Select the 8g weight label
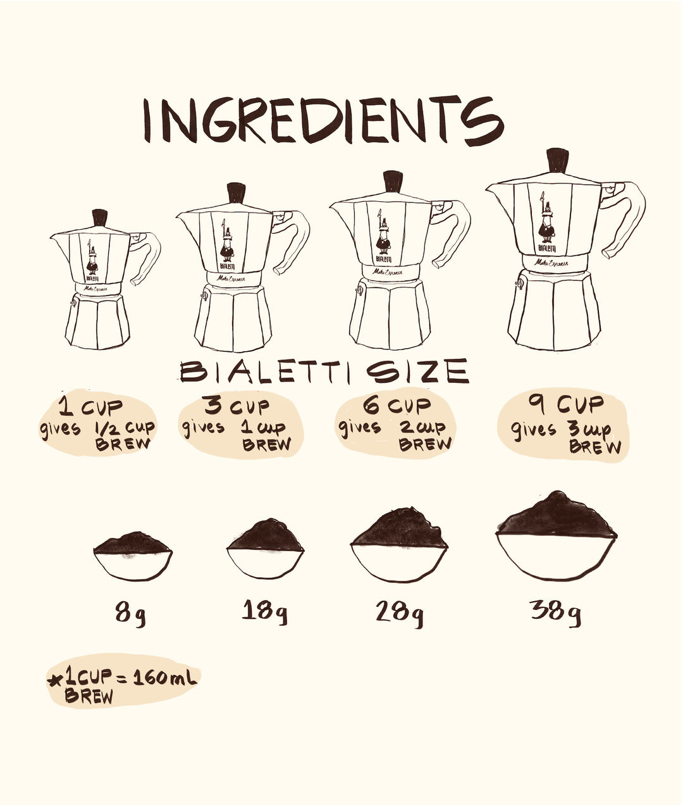[x=130, y=613]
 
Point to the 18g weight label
[x=265, y=611]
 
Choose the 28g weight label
[x=400, y=613]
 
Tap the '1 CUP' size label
[x=91, y=405]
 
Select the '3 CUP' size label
[x=237, y=405]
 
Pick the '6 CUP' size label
[x=397, y=404]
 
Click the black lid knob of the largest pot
[x=557, y=161]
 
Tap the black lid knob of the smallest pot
[x=100, y=217]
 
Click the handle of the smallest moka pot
[x=147, y=256]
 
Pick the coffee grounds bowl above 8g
[x=133, y=556]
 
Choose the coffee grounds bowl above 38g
[x=556, y=537]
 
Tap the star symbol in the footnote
[x=55, y=681]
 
